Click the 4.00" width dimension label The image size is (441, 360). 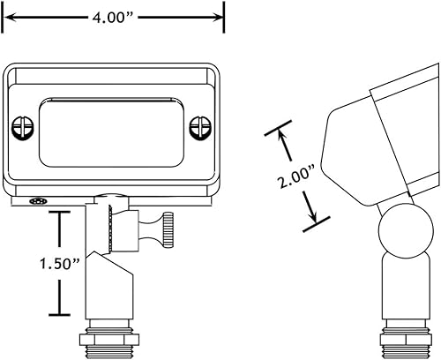113,18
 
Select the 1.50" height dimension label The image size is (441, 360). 60,263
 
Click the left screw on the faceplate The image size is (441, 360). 23,127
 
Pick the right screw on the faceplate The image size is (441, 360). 200,127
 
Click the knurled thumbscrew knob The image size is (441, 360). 168,230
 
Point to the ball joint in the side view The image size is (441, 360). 406,231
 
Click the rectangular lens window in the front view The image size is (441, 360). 111,132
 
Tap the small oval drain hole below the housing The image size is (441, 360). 38,201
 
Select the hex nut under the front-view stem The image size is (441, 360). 109,340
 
